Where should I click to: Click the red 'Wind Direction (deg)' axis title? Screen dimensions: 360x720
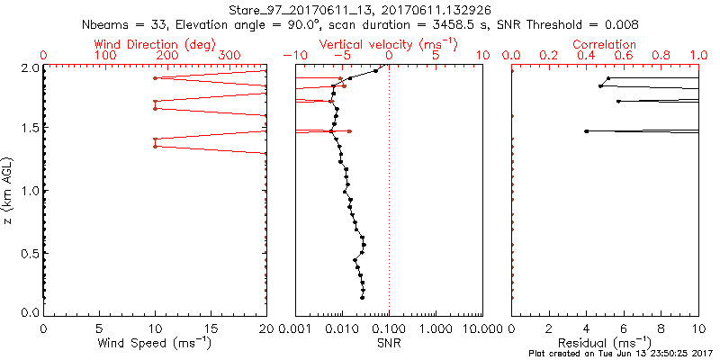154,44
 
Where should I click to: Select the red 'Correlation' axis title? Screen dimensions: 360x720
605,44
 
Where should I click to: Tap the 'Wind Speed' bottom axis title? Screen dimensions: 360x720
154,342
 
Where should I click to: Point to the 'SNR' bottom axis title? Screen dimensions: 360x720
389,342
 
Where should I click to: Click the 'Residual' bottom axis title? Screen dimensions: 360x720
605,342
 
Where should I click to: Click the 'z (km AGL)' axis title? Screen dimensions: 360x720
10,189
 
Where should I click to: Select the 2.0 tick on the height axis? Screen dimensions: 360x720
29,67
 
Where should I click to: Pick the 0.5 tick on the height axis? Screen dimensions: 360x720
29,252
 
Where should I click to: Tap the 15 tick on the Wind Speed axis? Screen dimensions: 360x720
210,328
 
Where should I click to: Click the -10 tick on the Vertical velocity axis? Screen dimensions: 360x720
292,56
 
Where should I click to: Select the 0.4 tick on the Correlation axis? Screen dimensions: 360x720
586,56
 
